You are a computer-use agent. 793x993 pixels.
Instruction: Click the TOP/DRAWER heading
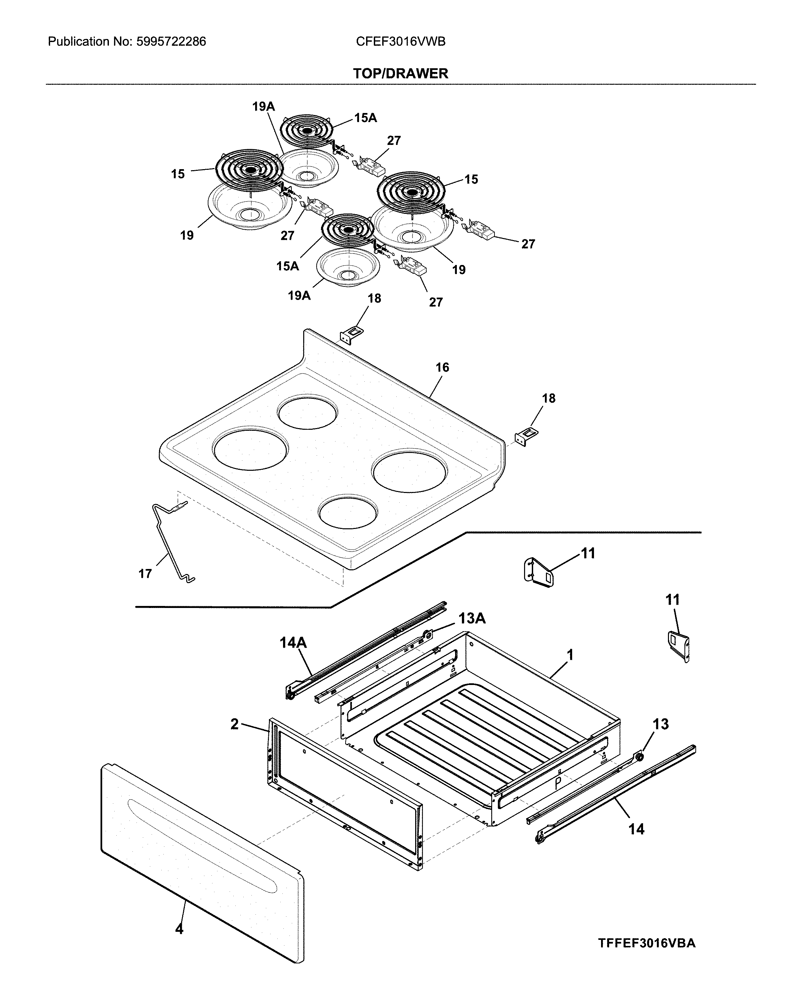[400, 74]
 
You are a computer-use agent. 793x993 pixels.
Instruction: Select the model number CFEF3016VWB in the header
[400, 42]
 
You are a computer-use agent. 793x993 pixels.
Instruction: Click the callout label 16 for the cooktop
[442, 368]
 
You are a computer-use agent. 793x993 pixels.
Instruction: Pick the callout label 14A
[293, 643]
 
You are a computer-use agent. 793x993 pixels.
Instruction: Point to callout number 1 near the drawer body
[570, 654]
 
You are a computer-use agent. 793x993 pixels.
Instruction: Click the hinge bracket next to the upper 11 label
[539, 572]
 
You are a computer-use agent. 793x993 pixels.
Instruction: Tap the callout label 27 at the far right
[528, 244]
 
